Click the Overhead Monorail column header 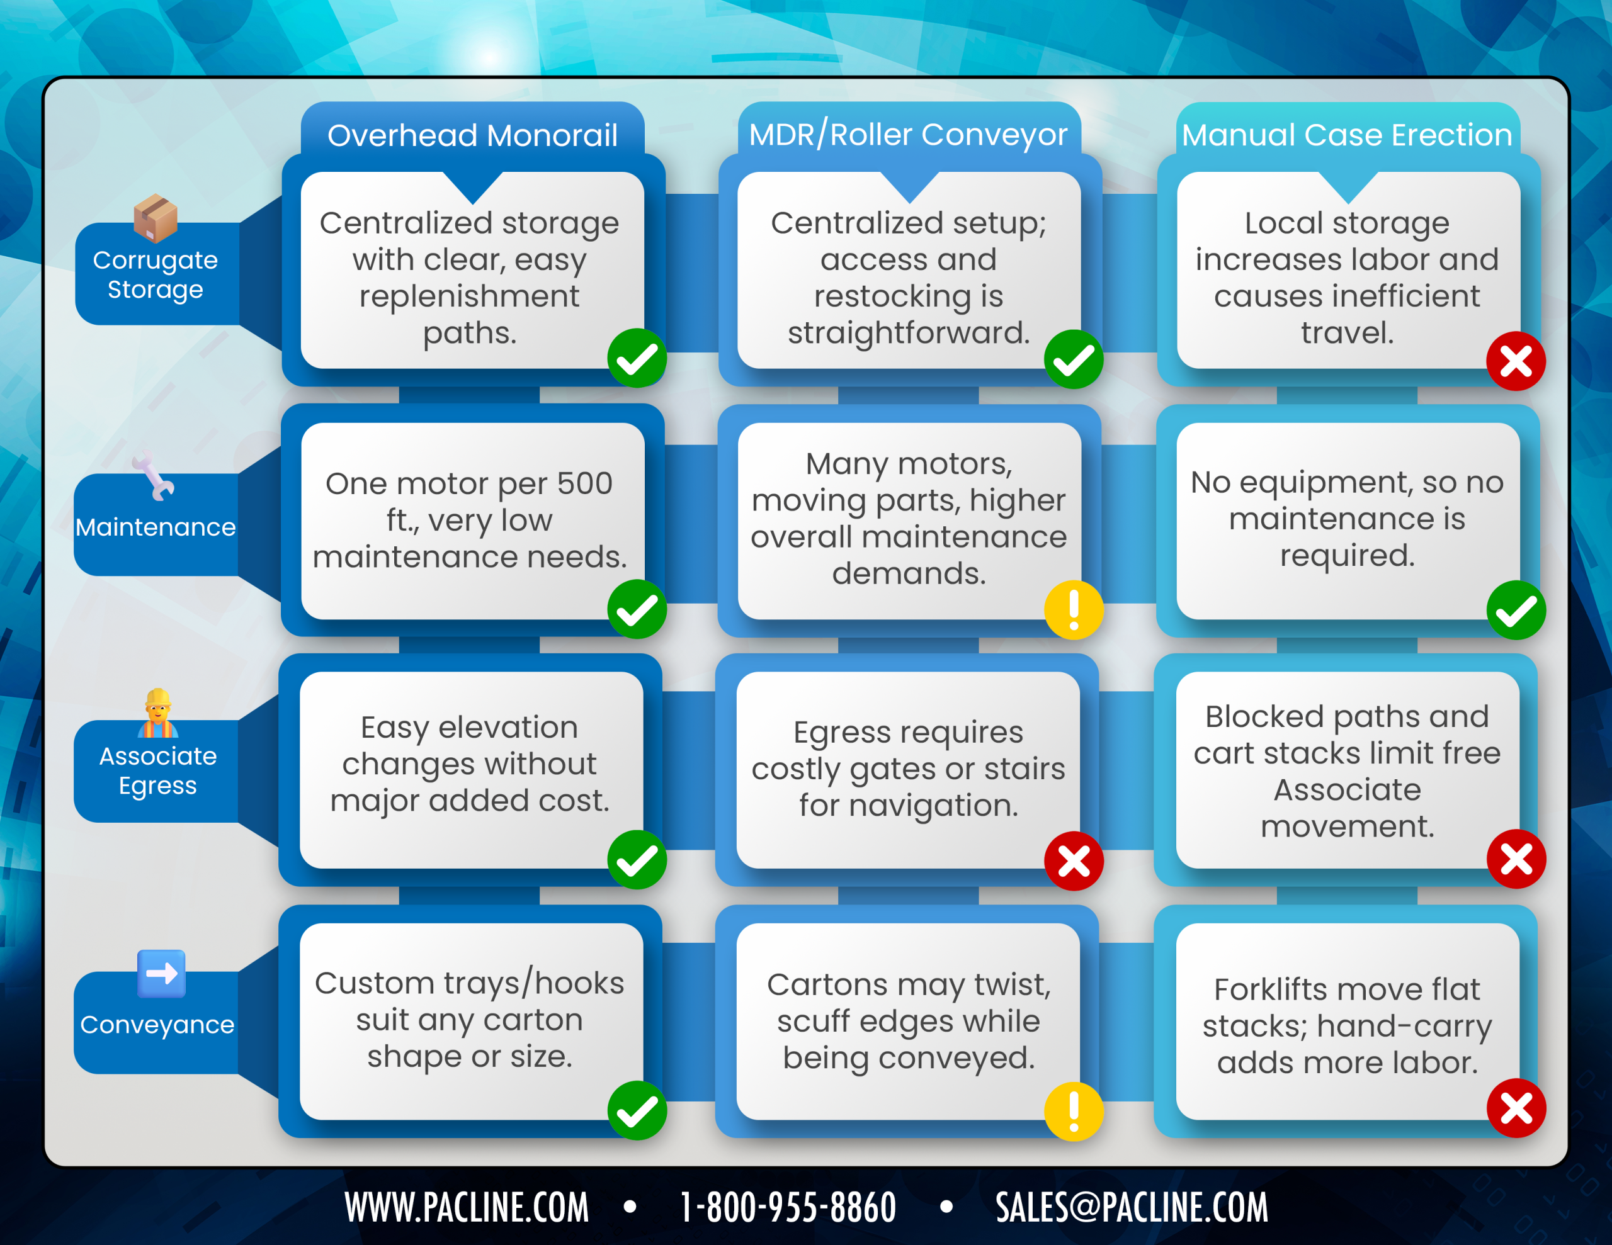point(472,136)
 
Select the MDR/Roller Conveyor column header point(909,135)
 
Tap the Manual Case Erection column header point(1347,135)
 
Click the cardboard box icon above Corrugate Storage point(156,218)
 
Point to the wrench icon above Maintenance point(154,476)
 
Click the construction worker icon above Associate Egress point(158,713)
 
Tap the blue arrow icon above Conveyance point(162,974)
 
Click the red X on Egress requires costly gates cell point(1074,860)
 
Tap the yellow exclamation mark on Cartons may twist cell point(1074,1112)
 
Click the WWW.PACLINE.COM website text point(467,1207)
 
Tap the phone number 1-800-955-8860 point(788,1207)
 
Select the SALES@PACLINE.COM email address point(1132,1207)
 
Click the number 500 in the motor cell point(584,484)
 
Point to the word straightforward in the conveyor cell point(909,334)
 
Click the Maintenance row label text point(156,527)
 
